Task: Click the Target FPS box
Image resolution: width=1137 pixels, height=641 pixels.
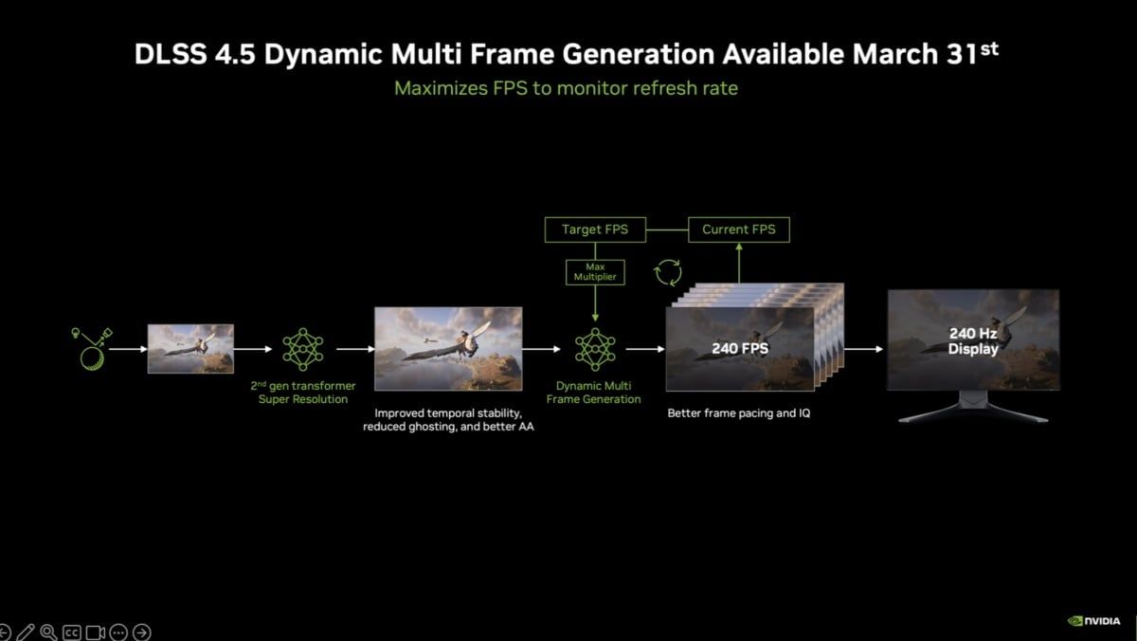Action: click(594, 229)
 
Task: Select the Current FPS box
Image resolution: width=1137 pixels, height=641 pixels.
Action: click(738, 229)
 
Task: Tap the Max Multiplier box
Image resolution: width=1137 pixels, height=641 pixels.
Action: click(594, 273)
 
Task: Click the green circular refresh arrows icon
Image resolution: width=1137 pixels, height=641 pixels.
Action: click(668, 273)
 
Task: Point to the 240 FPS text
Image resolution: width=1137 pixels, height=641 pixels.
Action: click(740, 349)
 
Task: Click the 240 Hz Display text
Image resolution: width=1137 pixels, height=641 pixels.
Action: click(973, 341)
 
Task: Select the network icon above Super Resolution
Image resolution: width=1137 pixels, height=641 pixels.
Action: click(302, 349)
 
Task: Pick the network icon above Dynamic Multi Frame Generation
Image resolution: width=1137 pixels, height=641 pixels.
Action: click(594, 349)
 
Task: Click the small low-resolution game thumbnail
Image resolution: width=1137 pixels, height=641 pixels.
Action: click(190, 348)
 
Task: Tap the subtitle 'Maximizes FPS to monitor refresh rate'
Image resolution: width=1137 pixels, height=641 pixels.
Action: click(565, 88)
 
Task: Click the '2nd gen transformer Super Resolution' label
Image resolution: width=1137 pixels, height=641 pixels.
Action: click(302, 393)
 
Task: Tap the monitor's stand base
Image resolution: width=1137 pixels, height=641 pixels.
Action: click(973, 415)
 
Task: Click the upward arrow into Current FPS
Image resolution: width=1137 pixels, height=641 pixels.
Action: click(738, 262)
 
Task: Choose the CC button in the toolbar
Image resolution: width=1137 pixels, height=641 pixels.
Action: click(72, 632)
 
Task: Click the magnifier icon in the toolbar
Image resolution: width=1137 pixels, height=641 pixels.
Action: click(48, 632)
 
